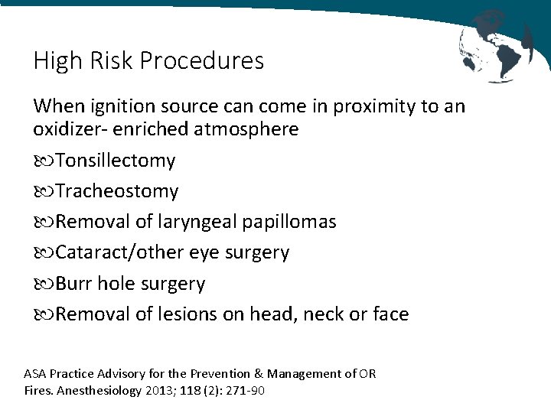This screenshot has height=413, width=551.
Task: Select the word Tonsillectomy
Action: point(115,161)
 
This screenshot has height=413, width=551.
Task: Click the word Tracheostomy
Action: point(116,191)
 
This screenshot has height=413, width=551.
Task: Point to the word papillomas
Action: point(289,222)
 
